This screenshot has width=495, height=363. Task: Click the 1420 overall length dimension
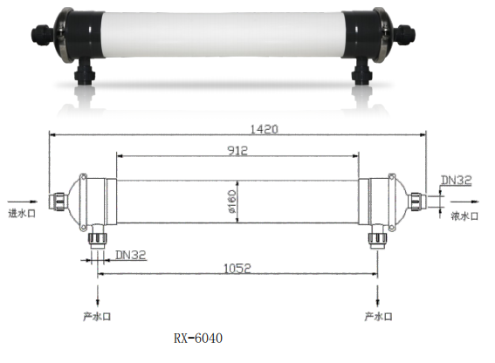(x=264, y=129)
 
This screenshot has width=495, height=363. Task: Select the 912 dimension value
(x=237, y=150)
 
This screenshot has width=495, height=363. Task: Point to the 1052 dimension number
(x=237, y=268)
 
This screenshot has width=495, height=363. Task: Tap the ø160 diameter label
(x=232, y=201)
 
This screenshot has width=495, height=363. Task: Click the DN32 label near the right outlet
(x=457, y=180)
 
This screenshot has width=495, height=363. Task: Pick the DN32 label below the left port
(x=131, y=255)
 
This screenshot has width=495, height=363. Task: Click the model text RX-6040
(x=198, y=338)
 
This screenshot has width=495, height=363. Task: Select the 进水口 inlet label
(x=22, y=214)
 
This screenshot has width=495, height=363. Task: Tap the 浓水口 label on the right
(x=464, y=216)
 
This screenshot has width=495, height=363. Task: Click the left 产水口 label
(x=97, y=316)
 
